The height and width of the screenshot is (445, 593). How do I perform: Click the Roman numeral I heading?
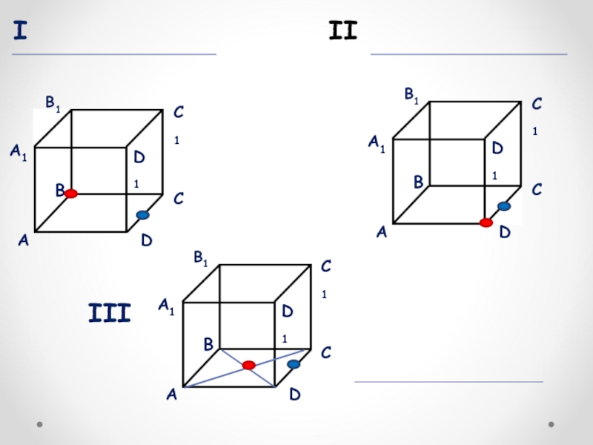(21, 32)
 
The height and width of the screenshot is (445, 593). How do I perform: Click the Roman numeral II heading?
(342, 31)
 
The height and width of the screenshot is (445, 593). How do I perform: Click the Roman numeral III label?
(109, 313)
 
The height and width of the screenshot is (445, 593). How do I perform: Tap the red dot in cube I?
(70, 194)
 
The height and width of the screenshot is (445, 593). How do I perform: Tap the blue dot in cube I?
(142, 215)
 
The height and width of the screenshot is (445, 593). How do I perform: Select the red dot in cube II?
(486, 222)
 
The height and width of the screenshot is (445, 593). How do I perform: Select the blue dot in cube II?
(504, 206)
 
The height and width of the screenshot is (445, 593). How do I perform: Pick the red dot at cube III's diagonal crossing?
(249, 365)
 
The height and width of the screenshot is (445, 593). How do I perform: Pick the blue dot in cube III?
(294, 364)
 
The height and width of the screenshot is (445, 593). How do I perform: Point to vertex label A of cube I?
(23, 240)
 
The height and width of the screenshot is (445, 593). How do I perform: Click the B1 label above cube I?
(53, 103)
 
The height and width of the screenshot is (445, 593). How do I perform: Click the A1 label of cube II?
(377, 143)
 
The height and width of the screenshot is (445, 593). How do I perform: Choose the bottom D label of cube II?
(505, 233)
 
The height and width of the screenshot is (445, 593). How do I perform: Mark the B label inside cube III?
(208, 345)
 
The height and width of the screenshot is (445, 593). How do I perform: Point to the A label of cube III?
(171, 395)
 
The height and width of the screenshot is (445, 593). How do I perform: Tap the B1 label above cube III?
(201, 258)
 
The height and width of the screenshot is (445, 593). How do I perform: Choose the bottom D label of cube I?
(147, 241)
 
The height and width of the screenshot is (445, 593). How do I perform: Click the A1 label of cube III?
(166, 306)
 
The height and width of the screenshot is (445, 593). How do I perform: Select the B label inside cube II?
(418, 181)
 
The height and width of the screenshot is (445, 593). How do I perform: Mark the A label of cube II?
(382, 232)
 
